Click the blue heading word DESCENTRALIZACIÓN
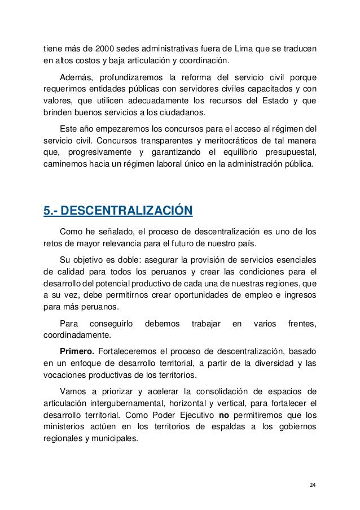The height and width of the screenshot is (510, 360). click(126, 212)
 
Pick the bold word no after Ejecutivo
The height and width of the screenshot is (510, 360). click(225, 415)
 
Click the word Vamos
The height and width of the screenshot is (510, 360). click(73, 390)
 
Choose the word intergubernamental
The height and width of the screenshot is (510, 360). click(118, 403)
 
